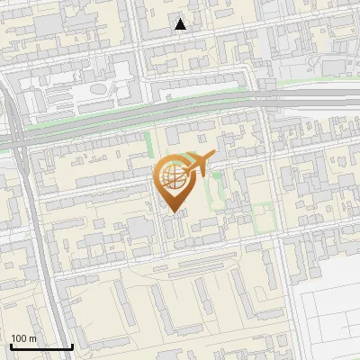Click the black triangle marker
point(181,24)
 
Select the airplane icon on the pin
point(197,165)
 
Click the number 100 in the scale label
point(20,338)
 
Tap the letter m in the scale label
point(34,338)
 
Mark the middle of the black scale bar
point(40,346)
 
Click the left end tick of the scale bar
point(10,346)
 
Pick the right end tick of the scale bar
point(72,346)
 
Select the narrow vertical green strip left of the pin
point(149,144)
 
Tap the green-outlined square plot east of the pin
point(262,216)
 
